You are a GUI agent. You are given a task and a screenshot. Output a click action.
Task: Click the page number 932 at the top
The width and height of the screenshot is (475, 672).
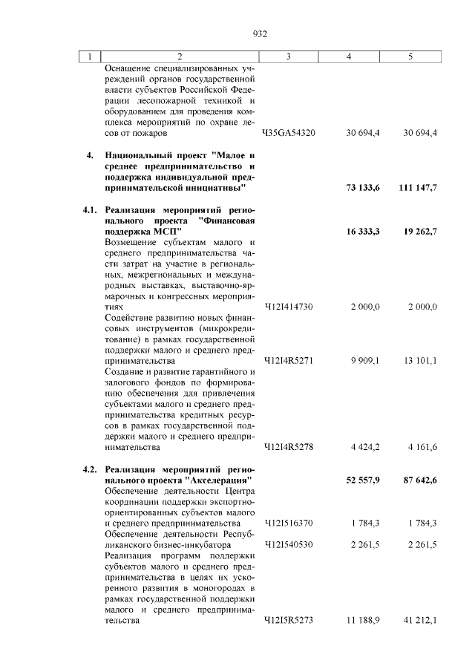click(x=259, y=33)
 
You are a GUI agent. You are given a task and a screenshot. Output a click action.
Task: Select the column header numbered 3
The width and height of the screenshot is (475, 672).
click(x=290, y=56)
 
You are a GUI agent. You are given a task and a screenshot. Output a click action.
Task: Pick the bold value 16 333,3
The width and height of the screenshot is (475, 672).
click(x=363, y=232)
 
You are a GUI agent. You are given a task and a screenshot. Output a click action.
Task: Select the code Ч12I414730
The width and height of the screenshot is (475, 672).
click(x=290, y=307)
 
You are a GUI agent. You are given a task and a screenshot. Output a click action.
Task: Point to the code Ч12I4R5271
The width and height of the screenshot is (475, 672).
click(x=290, y=361)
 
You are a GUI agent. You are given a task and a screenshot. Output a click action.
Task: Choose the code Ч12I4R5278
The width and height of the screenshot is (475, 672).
click(x=290, y=447)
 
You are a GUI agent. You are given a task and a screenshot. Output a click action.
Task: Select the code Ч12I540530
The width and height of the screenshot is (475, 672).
click(x=290, y=544)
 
